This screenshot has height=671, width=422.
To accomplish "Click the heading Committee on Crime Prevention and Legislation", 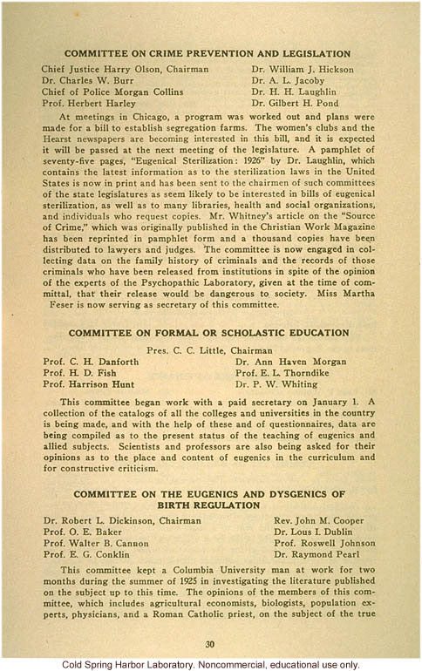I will click(208, 54).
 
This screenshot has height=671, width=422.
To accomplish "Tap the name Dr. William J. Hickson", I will click(303, 69).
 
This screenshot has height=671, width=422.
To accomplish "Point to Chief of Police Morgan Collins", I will click(113, 92).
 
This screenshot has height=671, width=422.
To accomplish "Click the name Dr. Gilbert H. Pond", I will click(296, 104).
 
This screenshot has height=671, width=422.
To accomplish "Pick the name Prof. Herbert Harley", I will click(91, 104).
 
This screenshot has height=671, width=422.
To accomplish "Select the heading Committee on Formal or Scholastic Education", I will click(208, 333).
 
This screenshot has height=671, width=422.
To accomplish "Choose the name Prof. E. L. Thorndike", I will click(294, 372).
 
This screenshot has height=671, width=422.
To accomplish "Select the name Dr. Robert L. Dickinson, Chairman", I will click(122, 521).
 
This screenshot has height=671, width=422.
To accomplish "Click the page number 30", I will click(209, 644).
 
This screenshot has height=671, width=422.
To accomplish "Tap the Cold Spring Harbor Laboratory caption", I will click(211, 663).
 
